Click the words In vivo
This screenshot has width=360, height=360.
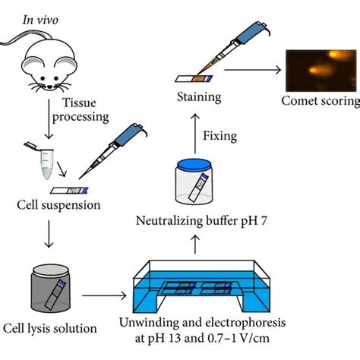coord(40,20)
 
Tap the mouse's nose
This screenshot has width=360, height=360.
coord(50,87)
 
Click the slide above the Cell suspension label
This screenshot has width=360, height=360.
coord(69,191)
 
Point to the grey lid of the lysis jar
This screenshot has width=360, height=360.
coord(51,272)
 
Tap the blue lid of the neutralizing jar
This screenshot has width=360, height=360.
coord(194,166)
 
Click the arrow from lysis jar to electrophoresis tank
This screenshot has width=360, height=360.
coord(104,295)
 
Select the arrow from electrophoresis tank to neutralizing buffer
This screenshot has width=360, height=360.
coord(195,245)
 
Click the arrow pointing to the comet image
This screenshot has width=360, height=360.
coord(253,70)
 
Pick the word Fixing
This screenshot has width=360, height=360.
coord(219,136)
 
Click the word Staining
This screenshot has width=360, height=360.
coord(199,97)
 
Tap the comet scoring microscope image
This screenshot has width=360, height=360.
coord(321,71)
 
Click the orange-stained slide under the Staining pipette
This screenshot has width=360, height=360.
coord(194,79)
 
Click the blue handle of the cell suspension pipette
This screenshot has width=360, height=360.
coord(129,134)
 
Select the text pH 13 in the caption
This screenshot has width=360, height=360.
coord(163,338)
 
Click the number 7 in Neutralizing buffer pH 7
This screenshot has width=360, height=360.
coord(264,221)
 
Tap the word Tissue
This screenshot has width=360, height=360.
coord(79,103)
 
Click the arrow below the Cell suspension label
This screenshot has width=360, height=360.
coord(49,234)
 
